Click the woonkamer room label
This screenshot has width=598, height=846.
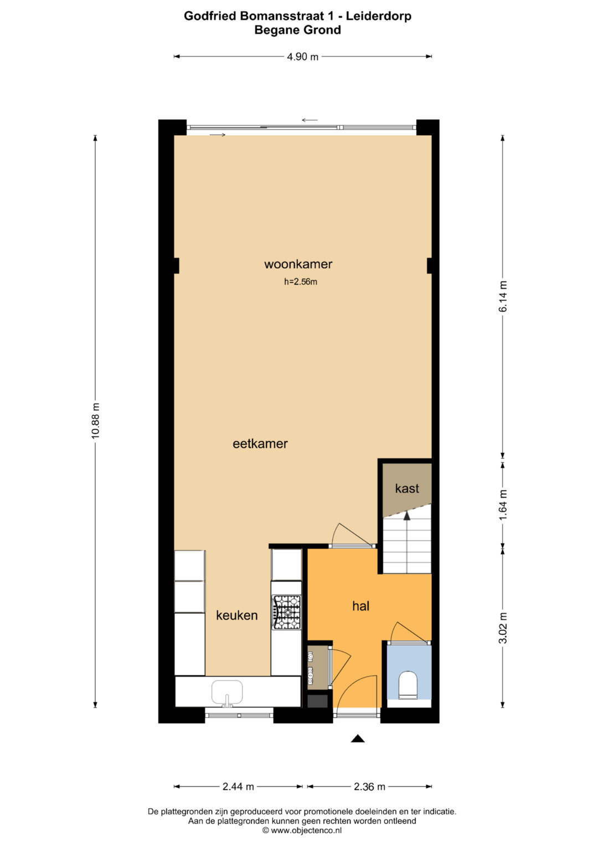click(x=298, y=264)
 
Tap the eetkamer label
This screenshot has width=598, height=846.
click(x=260, y=443)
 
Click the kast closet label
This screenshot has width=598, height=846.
click(x=407, y=488)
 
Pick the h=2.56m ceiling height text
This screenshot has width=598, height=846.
click(x=301, y=282)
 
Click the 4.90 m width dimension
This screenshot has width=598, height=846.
click(x=302, y=57)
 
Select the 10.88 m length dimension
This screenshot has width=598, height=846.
click(x=95, y=421)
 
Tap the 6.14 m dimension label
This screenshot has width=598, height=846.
click(x=503, y=296)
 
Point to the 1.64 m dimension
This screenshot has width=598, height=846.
click(x=503, y=505)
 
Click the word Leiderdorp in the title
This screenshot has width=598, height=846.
click(x=379, y=16)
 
